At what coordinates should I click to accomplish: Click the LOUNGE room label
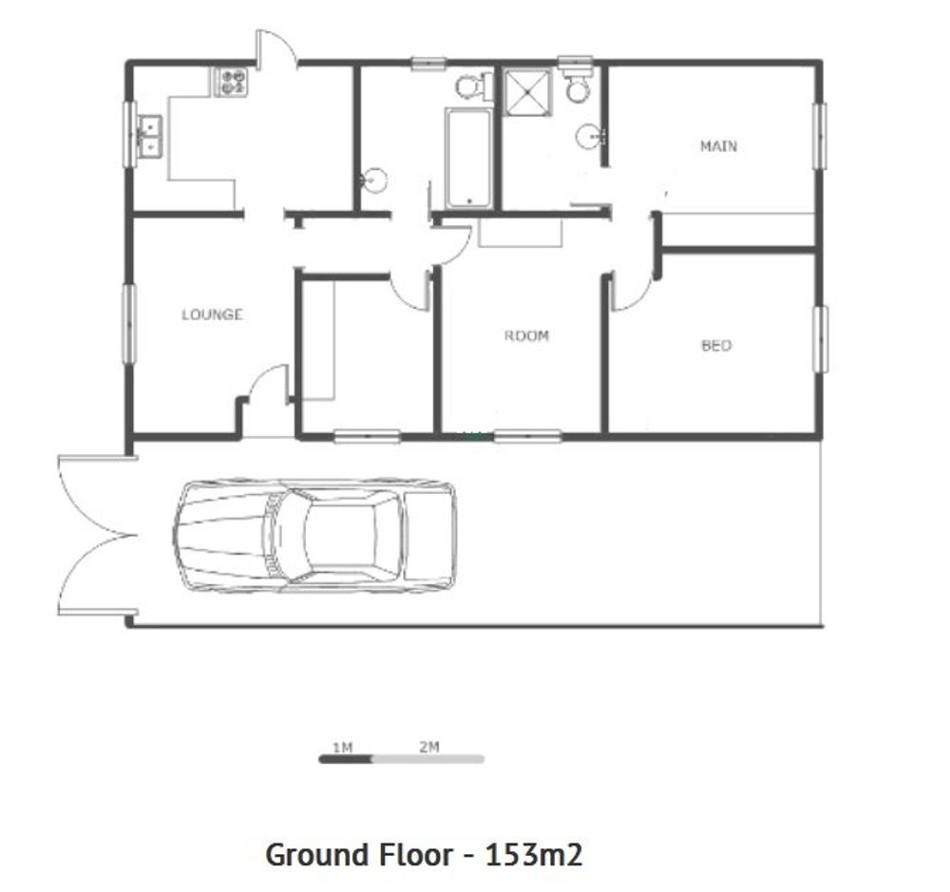point(212,314)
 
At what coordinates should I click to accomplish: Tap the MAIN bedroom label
point(718,146)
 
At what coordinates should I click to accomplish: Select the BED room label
point(716,346)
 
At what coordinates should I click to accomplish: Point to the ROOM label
point(526,335)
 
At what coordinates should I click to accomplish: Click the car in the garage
point(314,536)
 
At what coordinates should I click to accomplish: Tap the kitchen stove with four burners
point(230,82)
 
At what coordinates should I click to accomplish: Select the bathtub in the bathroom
point(468,158)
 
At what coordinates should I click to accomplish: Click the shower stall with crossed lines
point(529,91)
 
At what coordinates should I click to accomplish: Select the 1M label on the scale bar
point(342,748)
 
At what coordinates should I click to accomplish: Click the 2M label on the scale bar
point(429,748)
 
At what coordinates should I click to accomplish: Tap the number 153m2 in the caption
point(534,855)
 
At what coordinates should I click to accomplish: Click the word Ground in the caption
point(318,855)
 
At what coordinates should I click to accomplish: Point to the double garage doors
point(97,536)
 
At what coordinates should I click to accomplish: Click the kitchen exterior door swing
point(276,47)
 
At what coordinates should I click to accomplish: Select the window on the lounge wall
point(129,324)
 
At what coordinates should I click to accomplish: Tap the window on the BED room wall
point(821,339)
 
